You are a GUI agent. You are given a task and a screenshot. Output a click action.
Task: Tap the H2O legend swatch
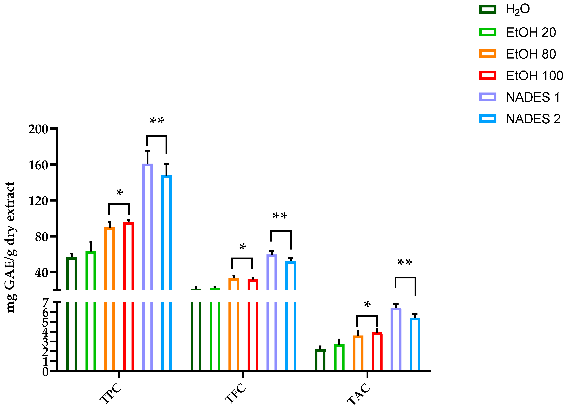coord(488,9)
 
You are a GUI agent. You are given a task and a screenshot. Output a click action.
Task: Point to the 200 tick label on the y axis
coord(38,129)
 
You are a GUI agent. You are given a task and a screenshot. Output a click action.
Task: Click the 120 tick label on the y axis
coord(38,201)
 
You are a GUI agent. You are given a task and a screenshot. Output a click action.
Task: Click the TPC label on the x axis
coord(111,393)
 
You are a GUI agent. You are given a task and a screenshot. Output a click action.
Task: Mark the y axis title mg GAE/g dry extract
coord(11,247)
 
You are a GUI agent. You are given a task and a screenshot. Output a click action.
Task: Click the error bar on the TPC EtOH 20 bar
coord(91,247)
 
